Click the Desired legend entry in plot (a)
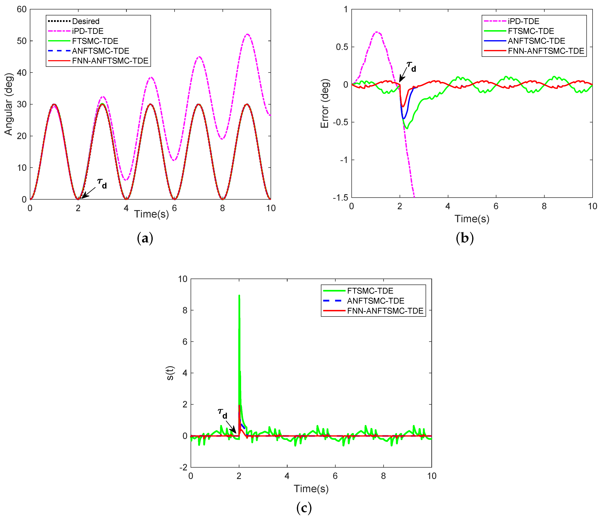click(x=86, y=21)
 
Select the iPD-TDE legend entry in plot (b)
click(x=523, y=21)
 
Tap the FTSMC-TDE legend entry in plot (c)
click(x=370, y=291)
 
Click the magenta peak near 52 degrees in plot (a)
click(x=247, y=34)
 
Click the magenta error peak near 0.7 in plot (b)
click(x=377, y=32)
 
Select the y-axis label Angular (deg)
click(x=9, y=104)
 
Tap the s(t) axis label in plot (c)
click(x=170, y=373)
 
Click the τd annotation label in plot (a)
click(x=102, y=183)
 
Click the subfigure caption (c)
click(x=304, y=508)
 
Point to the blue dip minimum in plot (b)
click(x=403, y=118)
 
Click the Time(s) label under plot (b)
click(x=472, y=219)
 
